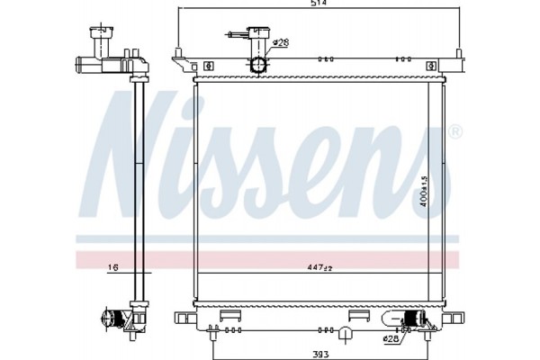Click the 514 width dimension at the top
(x=319, y=5)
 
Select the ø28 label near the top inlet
(x=280, y=42)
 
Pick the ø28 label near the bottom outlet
(x=392, y=339)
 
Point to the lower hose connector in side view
(x=114, y=318)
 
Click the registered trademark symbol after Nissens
(x=455, y=133)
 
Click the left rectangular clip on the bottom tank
(x=228, y=315)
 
